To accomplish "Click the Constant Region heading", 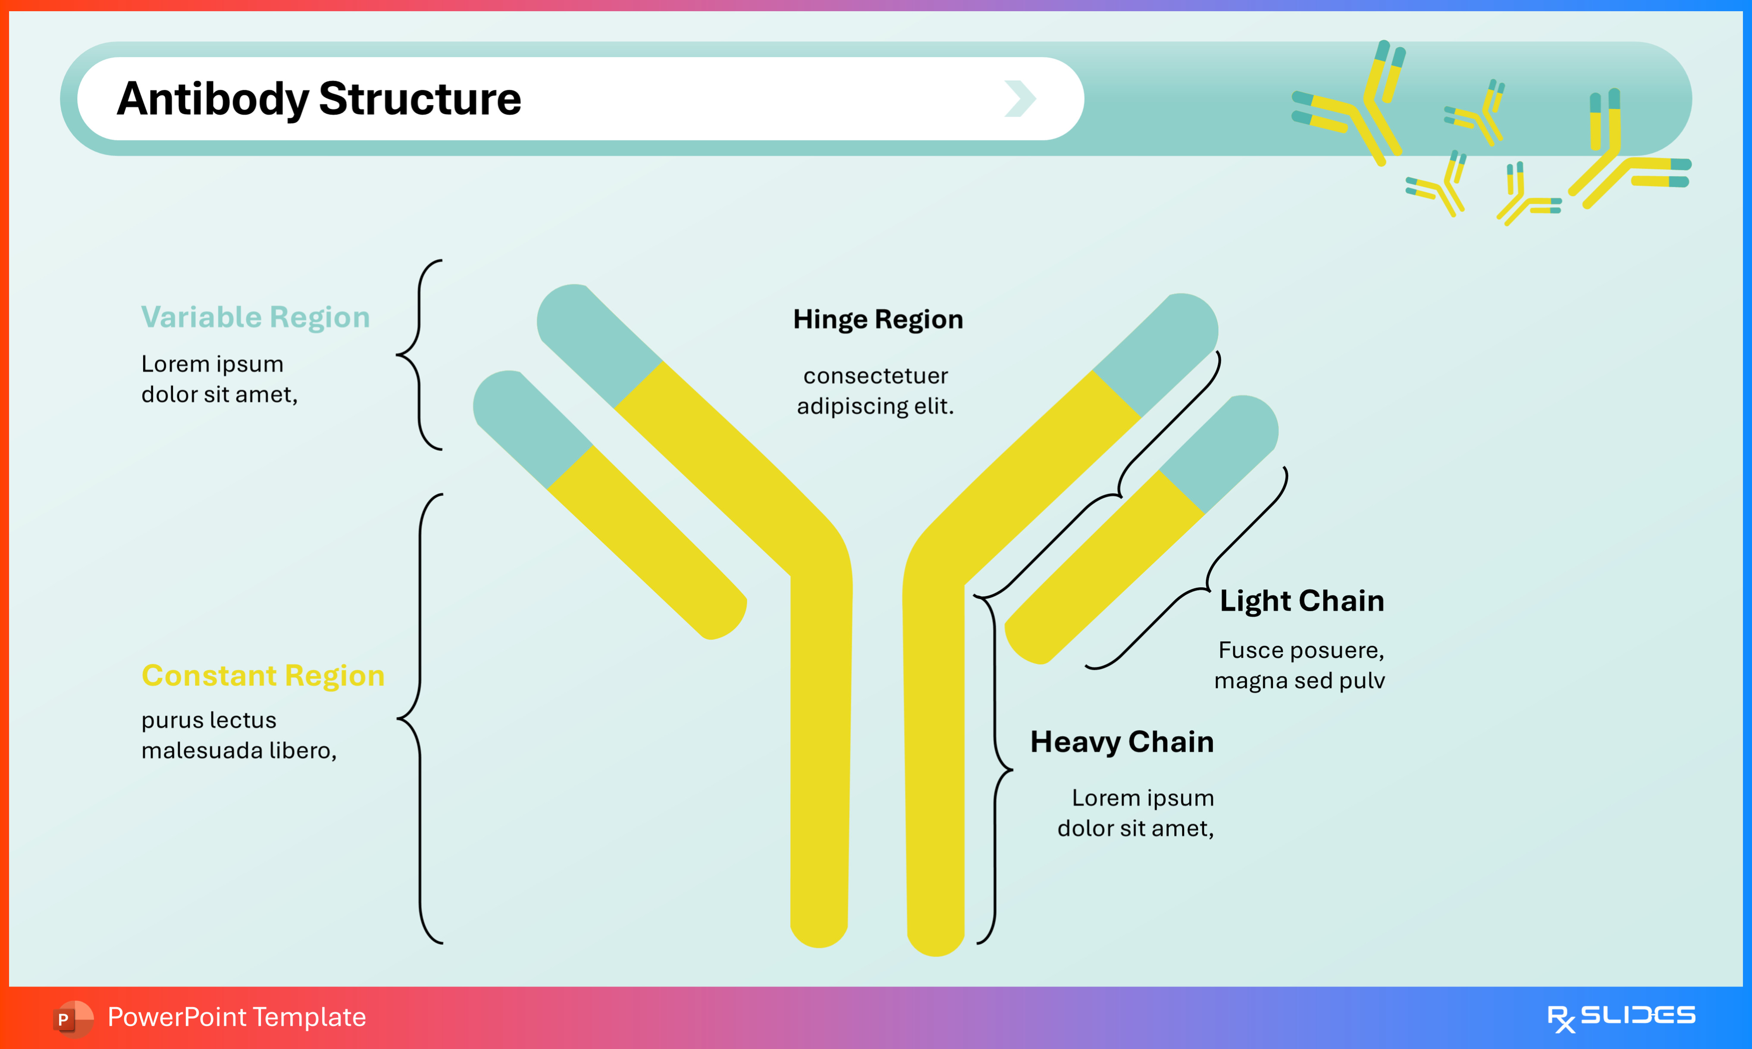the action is tap(263, 676).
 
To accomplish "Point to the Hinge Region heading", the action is tap(878, 320).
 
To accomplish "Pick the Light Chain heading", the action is tap(1301, 601).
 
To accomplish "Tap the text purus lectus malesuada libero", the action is tap(239, 735).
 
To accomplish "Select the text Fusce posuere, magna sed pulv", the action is tap(1300, 665).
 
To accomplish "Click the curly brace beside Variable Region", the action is tap(420, 355).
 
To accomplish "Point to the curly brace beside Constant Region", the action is tap(420, 719).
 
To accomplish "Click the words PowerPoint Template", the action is tap(237, 1017).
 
